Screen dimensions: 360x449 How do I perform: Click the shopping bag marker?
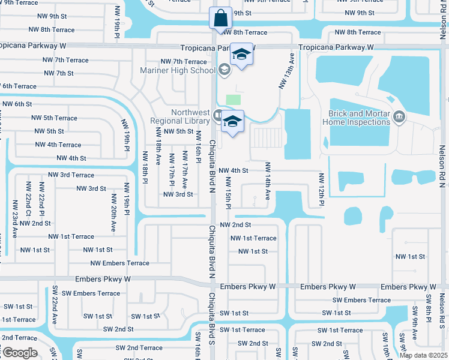(x=220, y=18)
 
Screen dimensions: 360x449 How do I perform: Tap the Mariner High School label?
(x=178, y=70)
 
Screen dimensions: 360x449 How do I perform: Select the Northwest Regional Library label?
(x=181, y=116)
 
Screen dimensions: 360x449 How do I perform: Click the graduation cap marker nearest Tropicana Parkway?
(x=241, y=56)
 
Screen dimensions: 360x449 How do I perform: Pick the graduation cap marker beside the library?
(x=232, y=121)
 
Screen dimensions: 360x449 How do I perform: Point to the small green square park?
(x=233, y=100)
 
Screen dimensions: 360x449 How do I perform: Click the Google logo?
(x=20, y=353)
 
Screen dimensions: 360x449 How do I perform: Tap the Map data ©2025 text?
(x=424, y=355)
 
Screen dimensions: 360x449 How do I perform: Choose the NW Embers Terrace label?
(x=119, y=263)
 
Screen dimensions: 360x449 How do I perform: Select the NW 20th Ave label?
(x=113, y=212)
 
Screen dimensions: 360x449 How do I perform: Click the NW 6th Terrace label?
(x=19, y=86)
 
